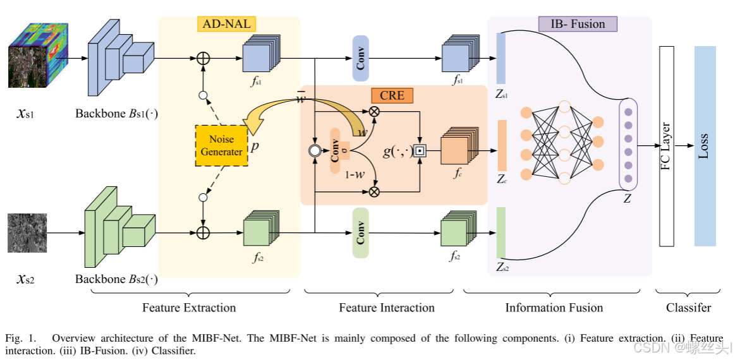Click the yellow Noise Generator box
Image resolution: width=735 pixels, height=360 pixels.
click(x=222, y=145)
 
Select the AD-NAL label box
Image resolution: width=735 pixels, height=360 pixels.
click(x=226, y=25)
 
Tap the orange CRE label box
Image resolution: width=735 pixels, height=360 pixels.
click(x=392, y=95)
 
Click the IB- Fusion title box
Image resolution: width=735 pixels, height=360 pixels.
click(x=578, y=24)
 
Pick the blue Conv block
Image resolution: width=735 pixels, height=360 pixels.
click(x=361, y=59)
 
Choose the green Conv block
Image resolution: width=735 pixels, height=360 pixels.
click(x=361, y=232)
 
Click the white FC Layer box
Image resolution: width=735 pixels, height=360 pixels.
click(x=666, y=146)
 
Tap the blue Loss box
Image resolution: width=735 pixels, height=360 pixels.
click(x=705, y=146)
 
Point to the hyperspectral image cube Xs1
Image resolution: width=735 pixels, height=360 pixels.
click(x=37, y=56)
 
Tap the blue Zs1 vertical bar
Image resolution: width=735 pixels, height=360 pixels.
click(x=501, y=59)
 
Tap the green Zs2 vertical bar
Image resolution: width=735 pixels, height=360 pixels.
click(x=502, y=232)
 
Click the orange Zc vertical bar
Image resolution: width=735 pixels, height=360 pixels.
click(x=502, y=145)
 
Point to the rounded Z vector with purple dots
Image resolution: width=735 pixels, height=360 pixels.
click(x=628, y=145)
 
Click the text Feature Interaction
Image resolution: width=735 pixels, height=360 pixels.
click(x=387, y=308)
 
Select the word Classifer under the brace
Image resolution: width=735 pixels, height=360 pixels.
click(x=688, y=308)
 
